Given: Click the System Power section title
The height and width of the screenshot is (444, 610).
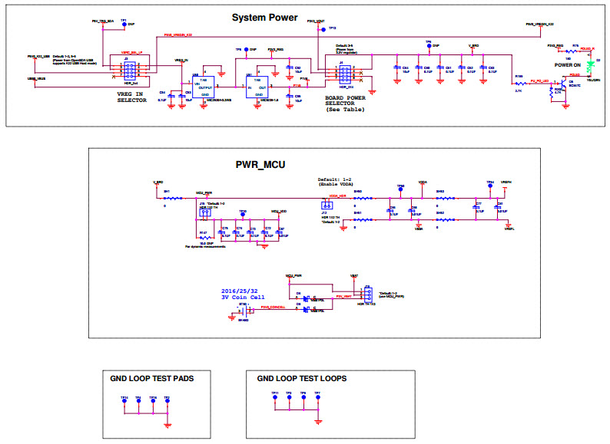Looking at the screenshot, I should coord(265,18).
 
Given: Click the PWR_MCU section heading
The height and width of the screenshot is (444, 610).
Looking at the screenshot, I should coord(261,164).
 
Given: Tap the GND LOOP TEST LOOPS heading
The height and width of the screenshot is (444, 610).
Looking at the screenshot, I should coord(301,379).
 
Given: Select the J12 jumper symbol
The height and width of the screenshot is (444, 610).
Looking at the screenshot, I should coord(325,206).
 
